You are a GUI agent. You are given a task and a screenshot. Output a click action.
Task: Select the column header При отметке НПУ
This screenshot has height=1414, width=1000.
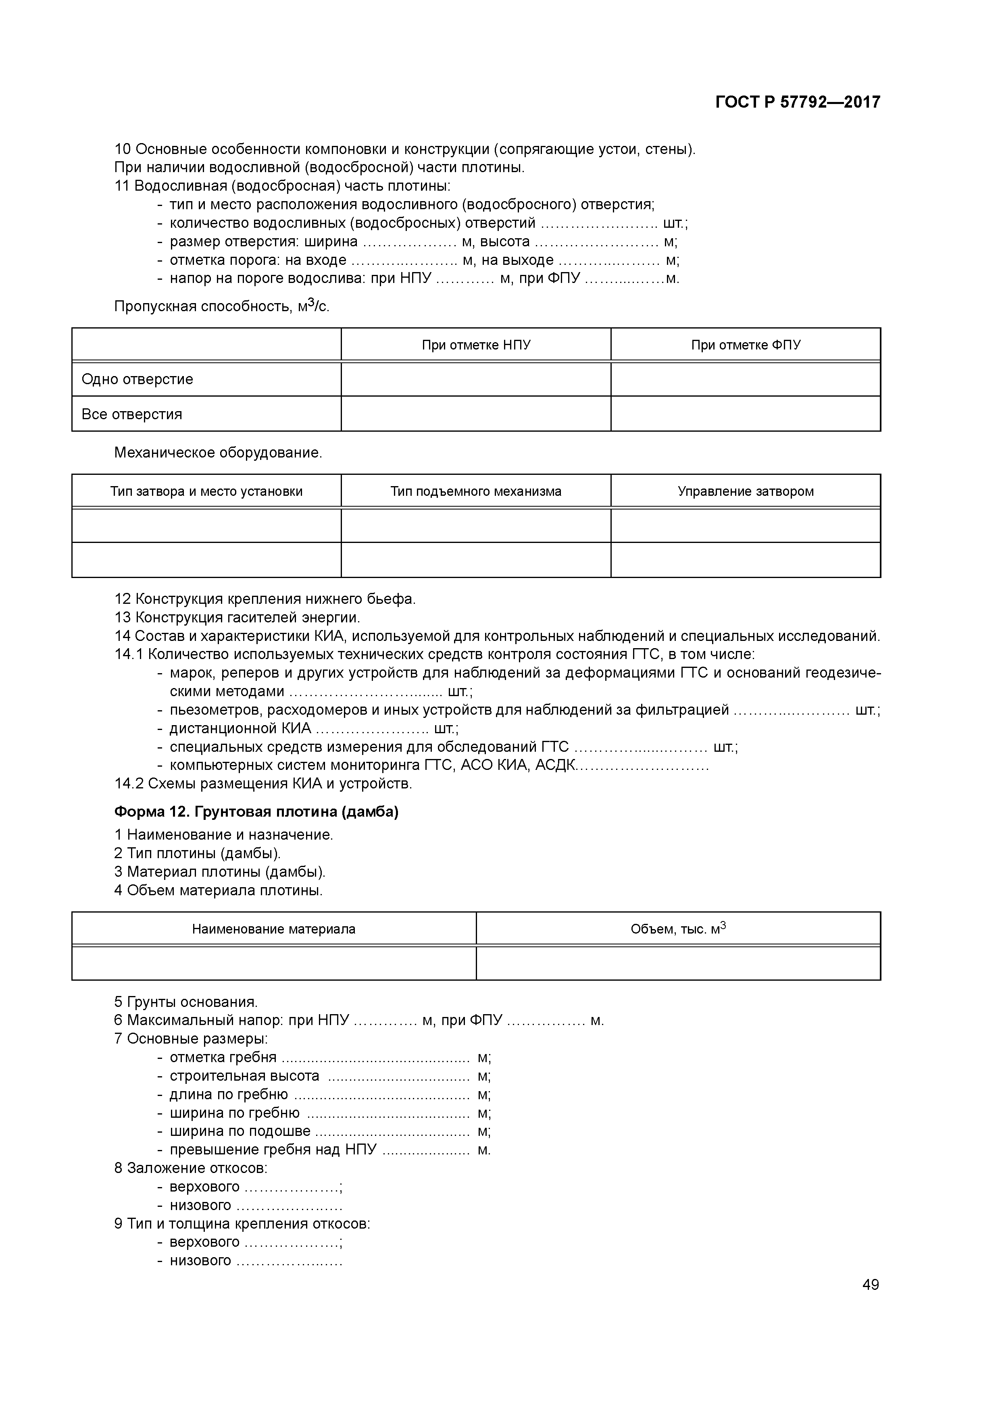point(476,345)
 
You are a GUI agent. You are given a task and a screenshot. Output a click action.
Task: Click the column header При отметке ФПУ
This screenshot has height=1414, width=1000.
point(746,345)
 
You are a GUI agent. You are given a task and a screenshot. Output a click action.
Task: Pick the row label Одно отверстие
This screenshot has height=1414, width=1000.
point(137,379)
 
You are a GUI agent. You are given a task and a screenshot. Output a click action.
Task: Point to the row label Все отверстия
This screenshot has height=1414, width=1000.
point(132,414)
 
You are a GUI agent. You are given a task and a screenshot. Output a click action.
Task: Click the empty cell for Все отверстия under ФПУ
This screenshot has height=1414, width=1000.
point(746,414)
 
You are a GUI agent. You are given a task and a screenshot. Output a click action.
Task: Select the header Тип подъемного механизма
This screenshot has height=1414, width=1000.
point(476,491)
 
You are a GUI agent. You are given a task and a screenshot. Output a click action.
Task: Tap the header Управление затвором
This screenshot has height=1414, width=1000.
point(746,491)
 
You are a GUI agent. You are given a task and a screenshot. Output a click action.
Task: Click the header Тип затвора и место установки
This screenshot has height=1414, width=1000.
point(206,491)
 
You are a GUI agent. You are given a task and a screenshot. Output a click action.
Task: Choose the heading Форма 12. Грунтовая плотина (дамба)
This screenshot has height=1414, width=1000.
point(256,812)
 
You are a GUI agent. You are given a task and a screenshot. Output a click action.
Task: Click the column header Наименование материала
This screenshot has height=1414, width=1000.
point(273,929)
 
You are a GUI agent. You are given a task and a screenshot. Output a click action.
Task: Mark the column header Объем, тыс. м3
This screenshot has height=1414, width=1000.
point(678,929)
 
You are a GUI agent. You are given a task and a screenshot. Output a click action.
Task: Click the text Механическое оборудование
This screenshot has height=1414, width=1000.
point(218,453)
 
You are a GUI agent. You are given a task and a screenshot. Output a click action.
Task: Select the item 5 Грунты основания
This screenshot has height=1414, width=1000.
point(186,1002)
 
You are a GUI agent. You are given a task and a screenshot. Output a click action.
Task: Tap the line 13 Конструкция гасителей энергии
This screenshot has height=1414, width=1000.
point(237,617)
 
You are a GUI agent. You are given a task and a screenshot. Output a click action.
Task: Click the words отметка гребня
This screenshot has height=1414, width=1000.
point(223,1057)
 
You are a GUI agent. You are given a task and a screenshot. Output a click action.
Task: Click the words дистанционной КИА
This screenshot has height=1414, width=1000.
point(240,728)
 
